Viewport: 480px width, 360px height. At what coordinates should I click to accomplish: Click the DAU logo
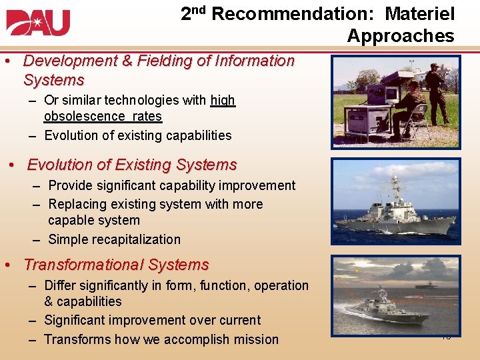pyautogui.click(x=38, y=23)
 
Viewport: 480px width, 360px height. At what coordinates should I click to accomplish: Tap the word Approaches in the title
pyautogui.click(x=400, y=36)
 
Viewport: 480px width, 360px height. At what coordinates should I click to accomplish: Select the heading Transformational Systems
pyautogui.click(x=116, y=265)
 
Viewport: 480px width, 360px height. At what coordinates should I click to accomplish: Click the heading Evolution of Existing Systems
pyautogui.click(x=132, y=165)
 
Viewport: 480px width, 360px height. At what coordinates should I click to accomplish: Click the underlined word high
pyautogui.click(x=223, y=100)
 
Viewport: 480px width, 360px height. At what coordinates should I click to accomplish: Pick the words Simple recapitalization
pyautogui.click(x=114, y=239)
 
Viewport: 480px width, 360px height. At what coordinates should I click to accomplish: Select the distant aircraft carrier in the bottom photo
pyautogui.click(x=427, y=285)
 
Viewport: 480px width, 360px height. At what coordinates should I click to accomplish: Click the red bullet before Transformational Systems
pyautogui.click(x=6, y=265)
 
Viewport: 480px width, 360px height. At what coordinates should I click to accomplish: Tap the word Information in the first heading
pyautogui.click(x=250, y=61)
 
